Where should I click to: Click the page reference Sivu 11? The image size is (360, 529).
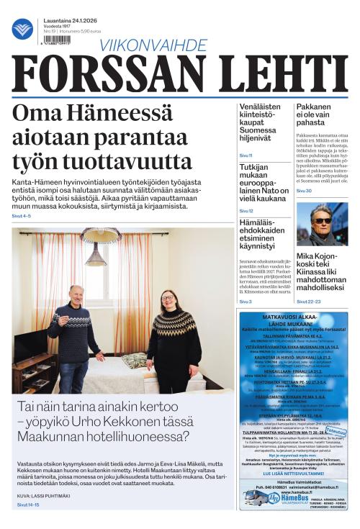tap(246, 155)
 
